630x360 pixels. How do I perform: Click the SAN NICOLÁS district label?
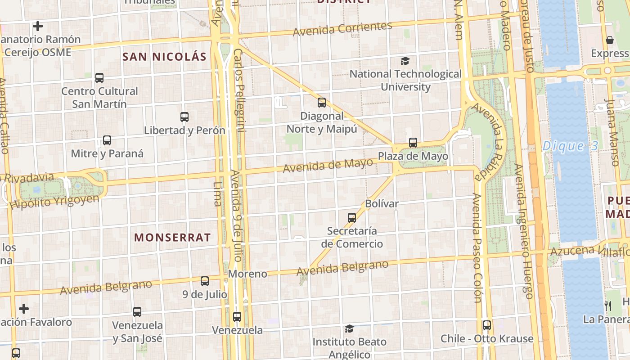(164, 57)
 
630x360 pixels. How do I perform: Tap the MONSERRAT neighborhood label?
(172, 238)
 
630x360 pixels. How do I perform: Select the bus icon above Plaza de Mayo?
(413, 143)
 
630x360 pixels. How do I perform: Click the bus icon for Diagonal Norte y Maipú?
(321, 103)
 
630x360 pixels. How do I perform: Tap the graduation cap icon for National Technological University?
(405, 61)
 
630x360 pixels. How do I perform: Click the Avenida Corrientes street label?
(342, 29)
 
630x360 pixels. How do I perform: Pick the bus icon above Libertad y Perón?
(184, 117)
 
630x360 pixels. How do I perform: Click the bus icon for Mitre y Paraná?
(107, 140)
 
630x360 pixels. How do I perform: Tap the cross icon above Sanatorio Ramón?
(38, 26)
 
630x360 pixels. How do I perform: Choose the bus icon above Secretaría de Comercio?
(352, 218)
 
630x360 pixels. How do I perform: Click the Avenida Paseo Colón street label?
(477, 247)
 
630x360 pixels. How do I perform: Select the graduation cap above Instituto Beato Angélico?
(349, 329)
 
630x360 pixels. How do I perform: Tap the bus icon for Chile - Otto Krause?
(486, 325)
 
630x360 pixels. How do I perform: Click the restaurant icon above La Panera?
(608, 306)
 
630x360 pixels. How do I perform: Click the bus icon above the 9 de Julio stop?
(205, 281)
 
